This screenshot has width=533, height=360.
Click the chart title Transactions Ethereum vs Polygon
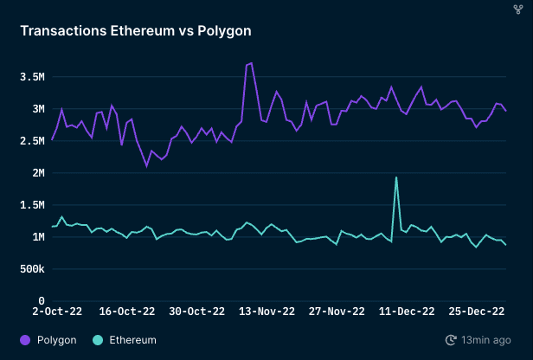tap(136, 31)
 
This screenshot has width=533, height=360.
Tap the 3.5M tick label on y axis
tap(31, 77)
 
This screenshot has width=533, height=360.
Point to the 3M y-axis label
tap(37, 109)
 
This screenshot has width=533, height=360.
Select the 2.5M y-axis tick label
tap(31, 141)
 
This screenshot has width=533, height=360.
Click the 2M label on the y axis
tap(37, 173)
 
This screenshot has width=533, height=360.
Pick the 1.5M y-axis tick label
tap(31, 205)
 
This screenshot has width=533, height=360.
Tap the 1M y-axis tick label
tap(37, 237)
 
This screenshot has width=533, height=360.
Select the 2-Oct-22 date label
tap(58, 312)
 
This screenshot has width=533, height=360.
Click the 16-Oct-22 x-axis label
tap(127, 312)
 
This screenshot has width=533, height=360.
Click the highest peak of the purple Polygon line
tap(251, 63)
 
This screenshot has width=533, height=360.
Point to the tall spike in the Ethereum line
tap(396, 177)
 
